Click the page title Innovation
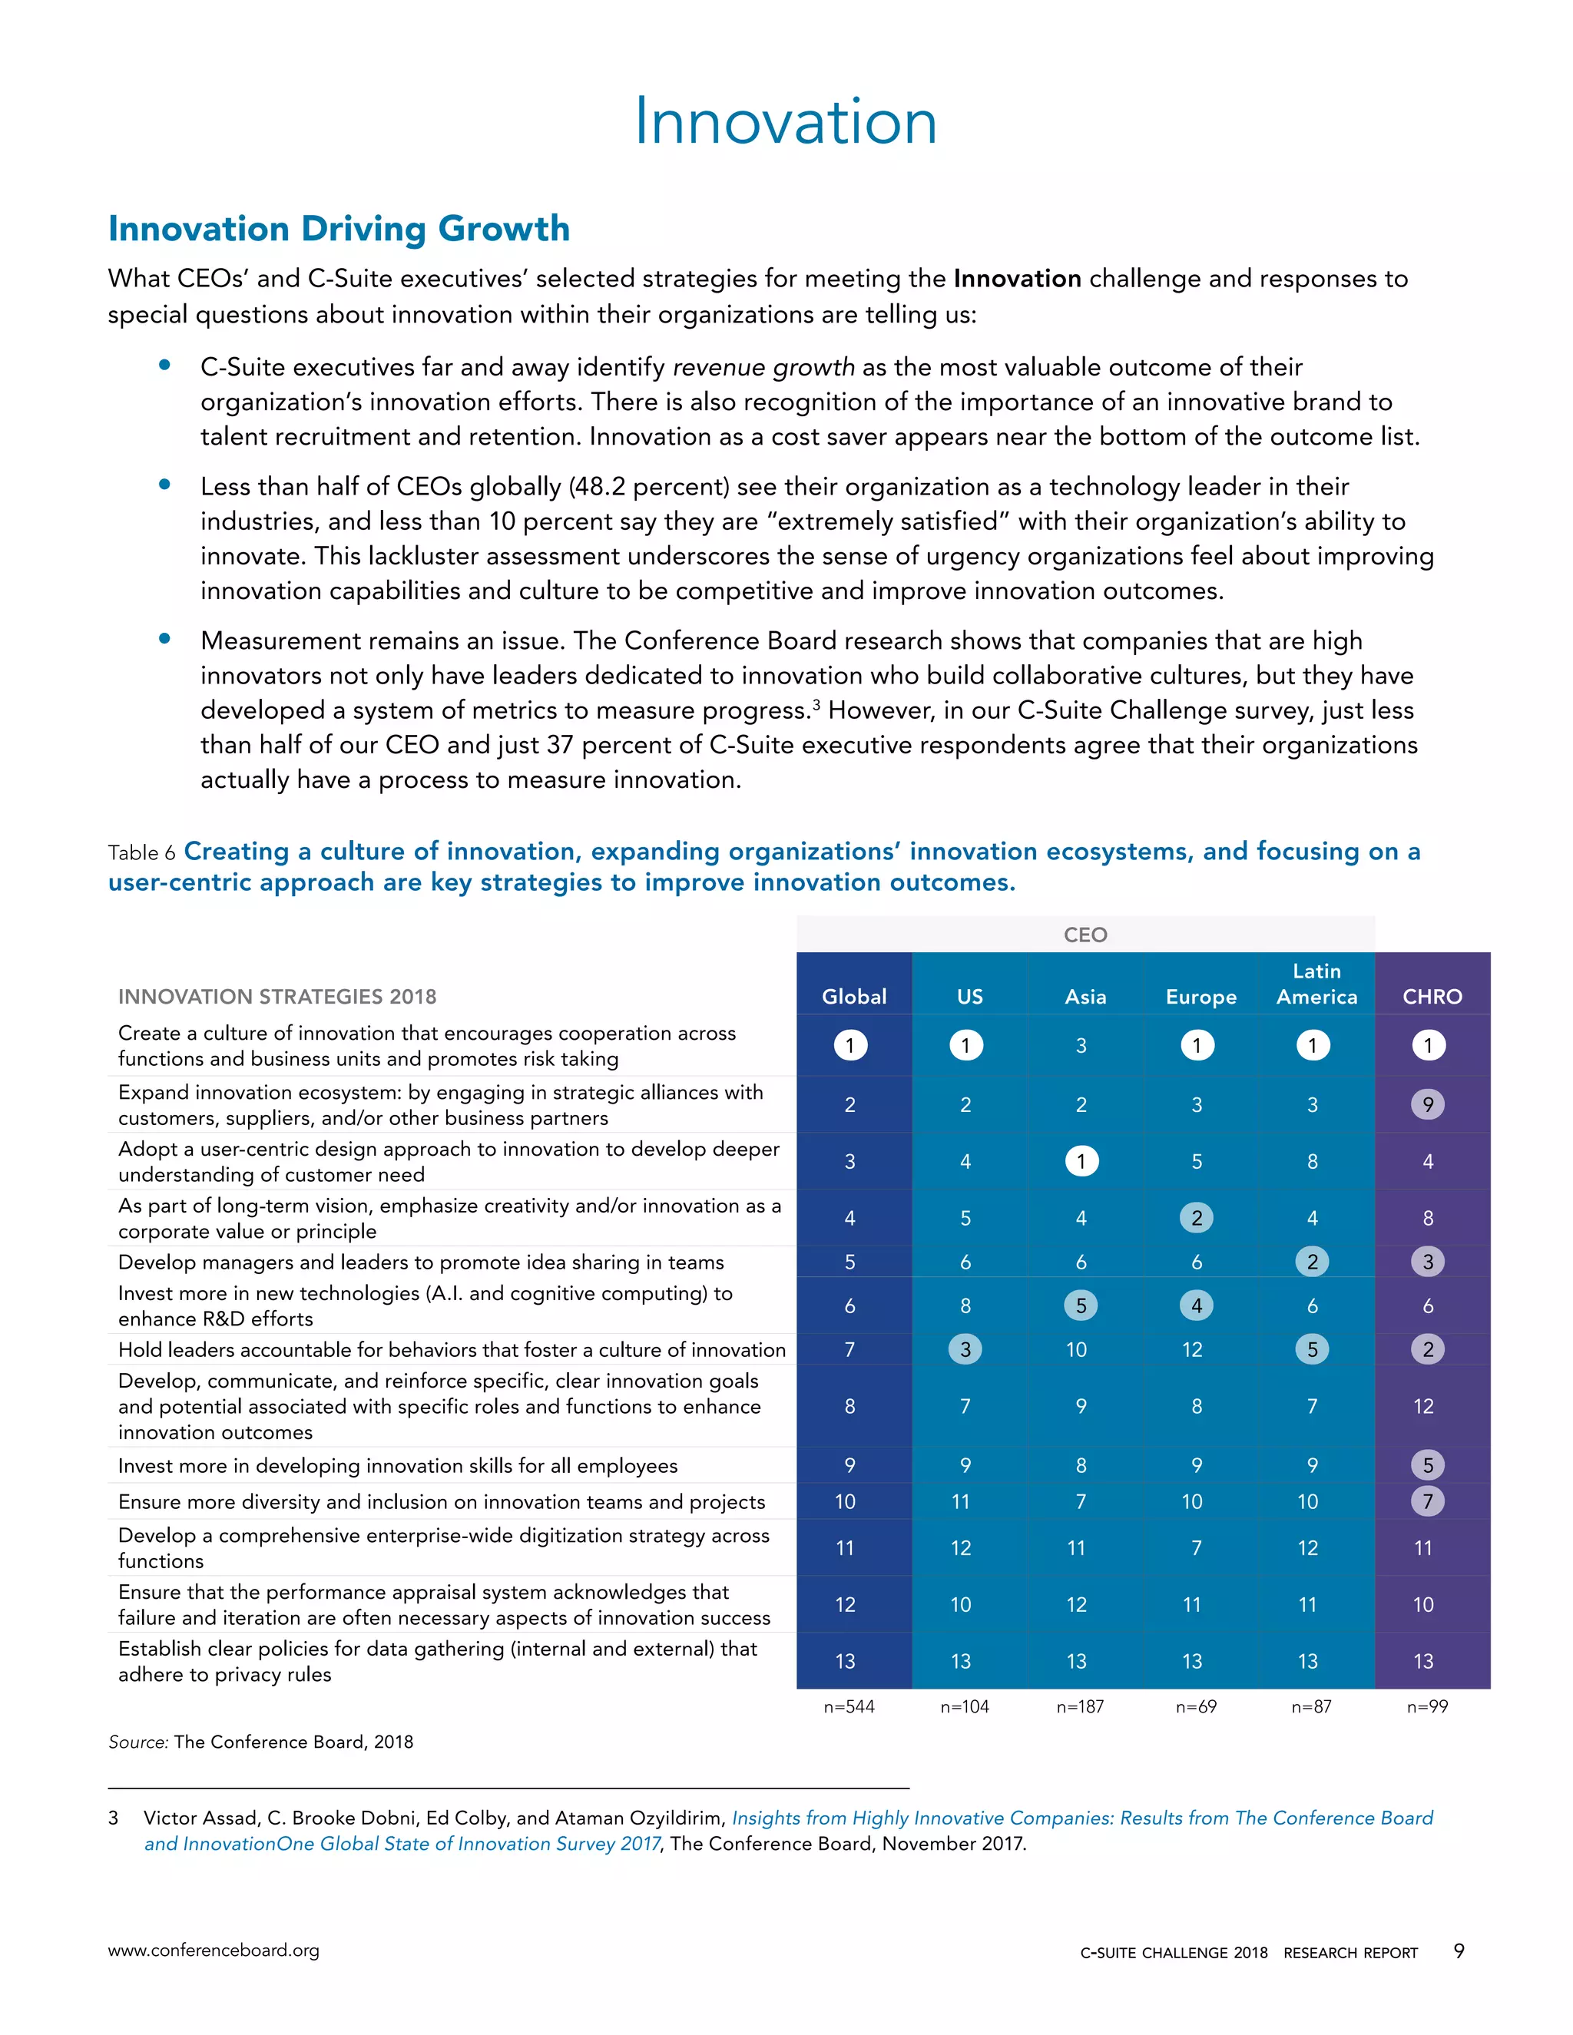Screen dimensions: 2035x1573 coord(786,121)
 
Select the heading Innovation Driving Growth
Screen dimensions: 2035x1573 coord(339,228)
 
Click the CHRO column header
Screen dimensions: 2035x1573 coord(1432,996)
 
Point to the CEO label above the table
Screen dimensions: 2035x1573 coord(1085,935)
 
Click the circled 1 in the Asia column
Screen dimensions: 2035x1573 coord(1081,1161)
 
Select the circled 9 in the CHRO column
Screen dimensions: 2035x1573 coord(1428,1104)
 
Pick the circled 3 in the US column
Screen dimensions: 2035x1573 coord(965,1349)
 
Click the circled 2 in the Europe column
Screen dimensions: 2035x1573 coord(1197,1218)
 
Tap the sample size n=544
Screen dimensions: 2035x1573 coord(849,1707)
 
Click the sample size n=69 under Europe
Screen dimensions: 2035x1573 coord(1196,1707)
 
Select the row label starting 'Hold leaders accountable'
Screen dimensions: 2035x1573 coord(452,1349)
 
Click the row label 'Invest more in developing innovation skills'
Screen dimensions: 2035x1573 coord(398,1466)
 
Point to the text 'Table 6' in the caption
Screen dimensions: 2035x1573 coord(141,852)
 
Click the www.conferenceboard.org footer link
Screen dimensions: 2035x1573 coord(214,1951)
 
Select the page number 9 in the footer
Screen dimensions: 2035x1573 coord(1459,1951)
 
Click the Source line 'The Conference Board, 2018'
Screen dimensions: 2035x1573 coord(293,1742)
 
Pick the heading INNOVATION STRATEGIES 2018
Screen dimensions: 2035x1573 coord(277,996)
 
